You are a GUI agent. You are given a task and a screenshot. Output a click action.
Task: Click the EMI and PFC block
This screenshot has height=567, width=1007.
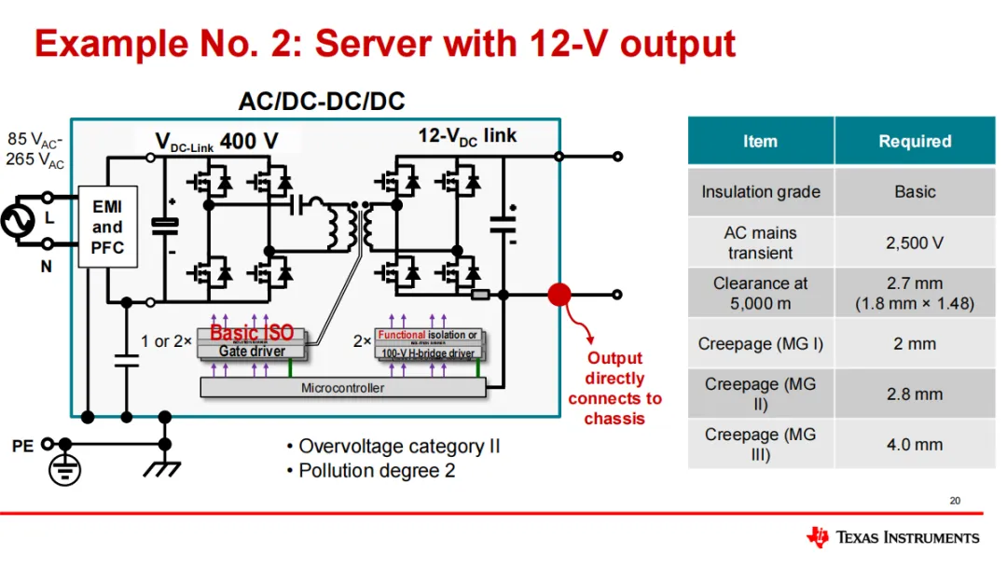106,227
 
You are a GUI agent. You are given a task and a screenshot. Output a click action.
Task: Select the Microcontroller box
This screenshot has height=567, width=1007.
342,388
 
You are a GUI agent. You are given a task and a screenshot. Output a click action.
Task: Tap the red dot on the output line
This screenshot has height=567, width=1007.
559,295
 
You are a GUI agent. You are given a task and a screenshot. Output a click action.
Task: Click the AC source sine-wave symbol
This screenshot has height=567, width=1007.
16,221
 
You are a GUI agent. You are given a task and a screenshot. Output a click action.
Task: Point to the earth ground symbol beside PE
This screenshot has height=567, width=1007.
64,469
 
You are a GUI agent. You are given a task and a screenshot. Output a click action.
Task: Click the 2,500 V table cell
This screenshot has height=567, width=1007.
914,242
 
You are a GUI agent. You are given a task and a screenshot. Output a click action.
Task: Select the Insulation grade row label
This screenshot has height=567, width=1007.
760,192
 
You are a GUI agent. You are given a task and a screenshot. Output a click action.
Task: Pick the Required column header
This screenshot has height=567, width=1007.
914,141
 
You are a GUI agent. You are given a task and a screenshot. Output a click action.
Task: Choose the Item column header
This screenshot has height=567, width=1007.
760,141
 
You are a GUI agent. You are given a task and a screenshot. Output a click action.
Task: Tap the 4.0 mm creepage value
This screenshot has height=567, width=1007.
914,445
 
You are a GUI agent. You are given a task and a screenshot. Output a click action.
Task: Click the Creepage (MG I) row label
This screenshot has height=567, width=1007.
760,344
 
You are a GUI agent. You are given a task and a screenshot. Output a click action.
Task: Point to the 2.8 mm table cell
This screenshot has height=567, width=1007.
914,394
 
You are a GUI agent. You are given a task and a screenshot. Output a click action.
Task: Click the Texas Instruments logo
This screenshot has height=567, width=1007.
892,537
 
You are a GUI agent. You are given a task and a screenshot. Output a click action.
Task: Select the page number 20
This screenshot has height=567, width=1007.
955,501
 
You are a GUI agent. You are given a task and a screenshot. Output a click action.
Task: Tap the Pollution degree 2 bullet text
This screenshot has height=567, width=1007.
377,471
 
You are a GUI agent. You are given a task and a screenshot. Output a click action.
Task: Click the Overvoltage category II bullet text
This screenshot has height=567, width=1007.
399,446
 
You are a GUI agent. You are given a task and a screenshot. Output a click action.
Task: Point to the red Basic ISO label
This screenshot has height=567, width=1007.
252,333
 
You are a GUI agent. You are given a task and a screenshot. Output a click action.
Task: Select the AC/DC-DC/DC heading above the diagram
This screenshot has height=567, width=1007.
322,101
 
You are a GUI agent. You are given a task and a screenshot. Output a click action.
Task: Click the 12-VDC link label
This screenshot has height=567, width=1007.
467,136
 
